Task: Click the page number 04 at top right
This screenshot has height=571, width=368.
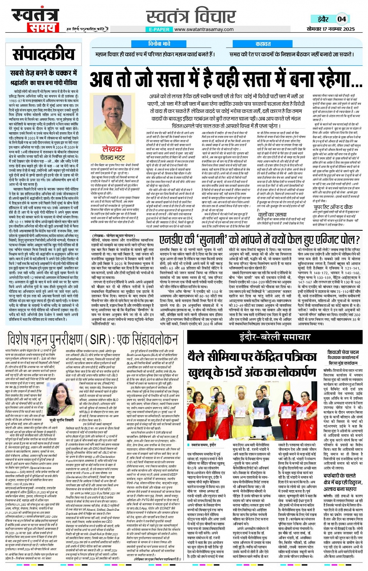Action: pos(342,19)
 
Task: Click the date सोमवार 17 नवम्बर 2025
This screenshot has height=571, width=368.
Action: pos(331,29)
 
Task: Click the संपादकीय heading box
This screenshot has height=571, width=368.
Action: pos(43,55)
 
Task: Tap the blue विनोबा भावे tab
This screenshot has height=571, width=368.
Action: pos(159,44)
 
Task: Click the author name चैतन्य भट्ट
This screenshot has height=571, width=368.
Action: pos(112,158)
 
